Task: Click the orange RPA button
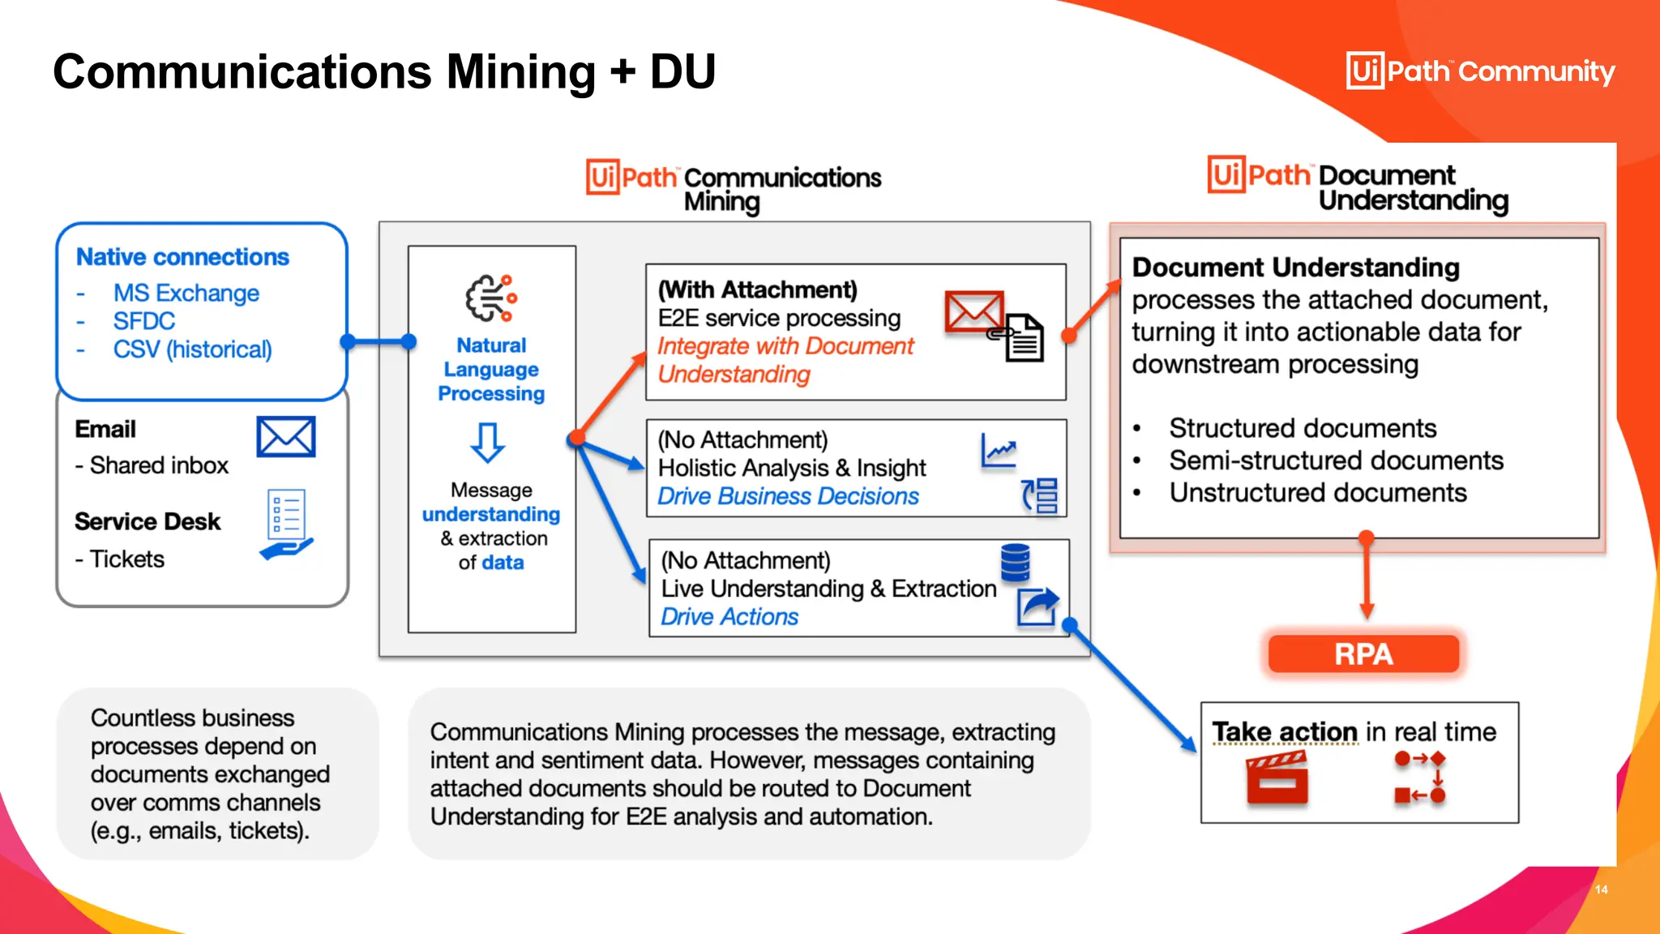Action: click(1363, 653)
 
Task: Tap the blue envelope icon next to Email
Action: click(286, 437)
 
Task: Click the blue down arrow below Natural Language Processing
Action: click(488, 442)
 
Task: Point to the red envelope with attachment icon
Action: click(994, 324)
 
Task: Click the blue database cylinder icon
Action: click(1015, 563)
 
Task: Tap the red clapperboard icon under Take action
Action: click(1277, 778)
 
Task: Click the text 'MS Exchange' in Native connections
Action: click(186, 293)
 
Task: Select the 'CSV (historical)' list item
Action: click(192, 349)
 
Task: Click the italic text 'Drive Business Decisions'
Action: click(788, 496)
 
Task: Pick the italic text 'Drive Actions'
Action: click(729, 617)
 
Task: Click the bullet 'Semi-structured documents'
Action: click(1336, 461)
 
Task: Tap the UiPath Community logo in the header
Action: click(1480, 71)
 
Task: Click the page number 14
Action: click(1601, 889)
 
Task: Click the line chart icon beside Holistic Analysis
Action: click(999, 451)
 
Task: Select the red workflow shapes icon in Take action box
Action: click(1420, 777)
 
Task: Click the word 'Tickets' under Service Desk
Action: click(127, 559)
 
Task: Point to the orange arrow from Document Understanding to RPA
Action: click(1367, 577)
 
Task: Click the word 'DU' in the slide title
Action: click(682, 71)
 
